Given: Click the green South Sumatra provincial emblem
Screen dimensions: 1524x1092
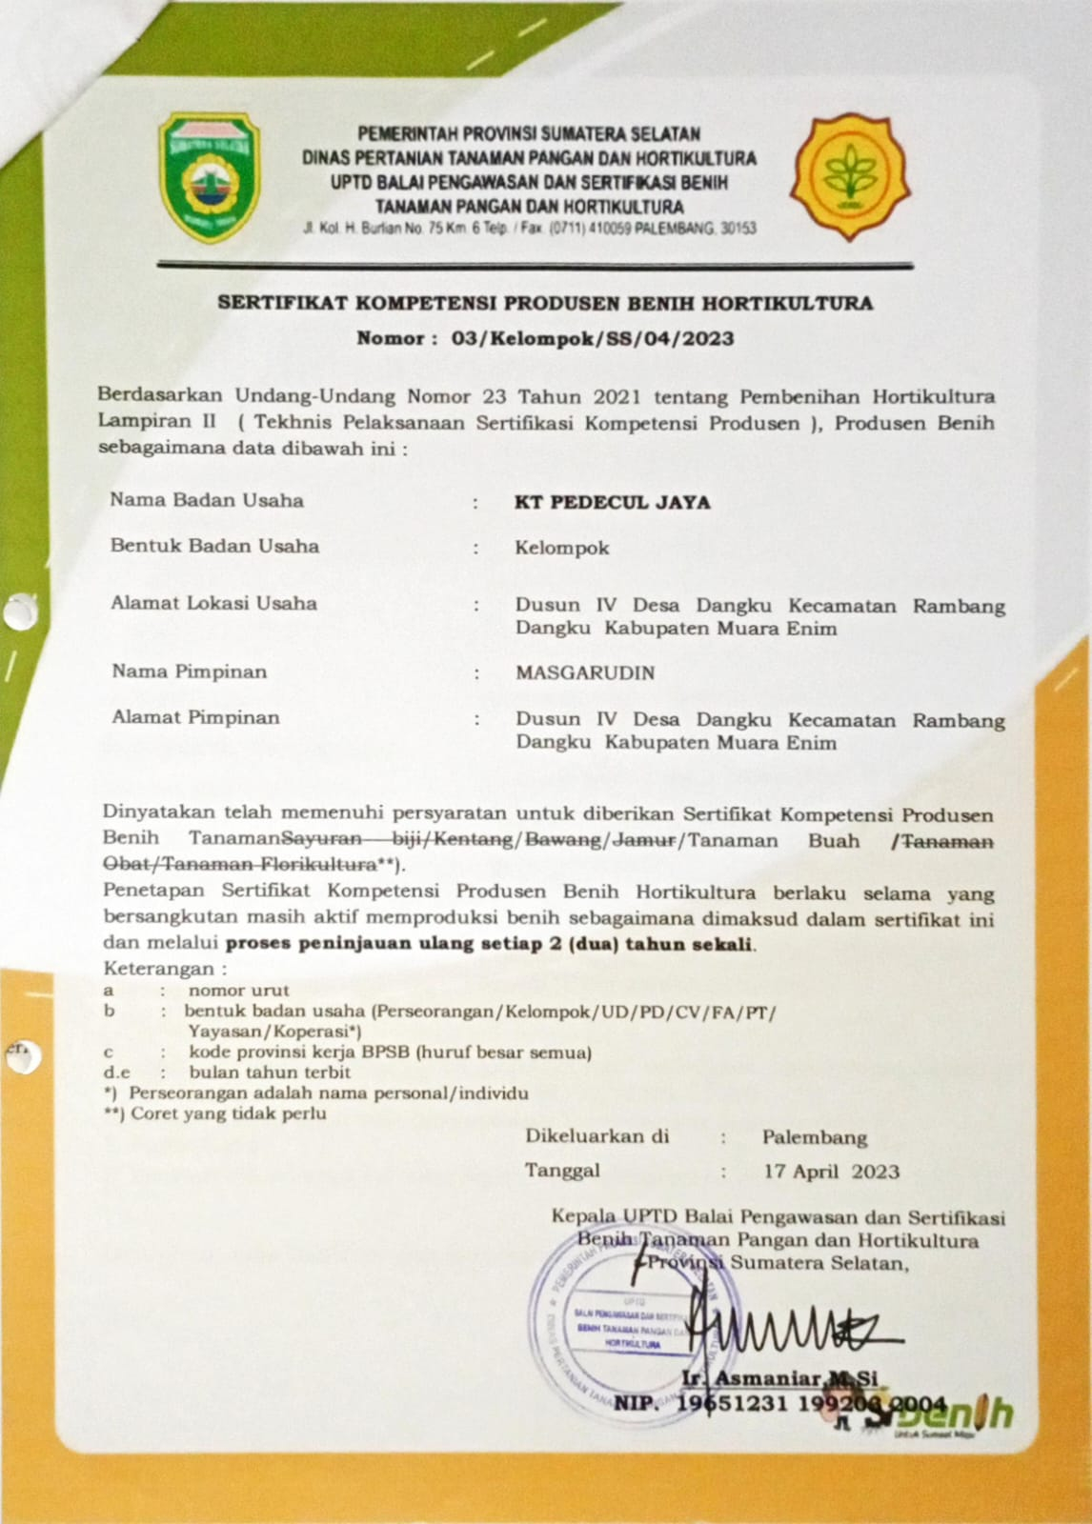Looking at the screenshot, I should pyautogui.click(x=209, y=176).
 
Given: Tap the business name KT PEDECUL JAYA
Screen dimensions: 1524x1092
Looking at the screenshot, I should pyautogui.click(x=613, y=502).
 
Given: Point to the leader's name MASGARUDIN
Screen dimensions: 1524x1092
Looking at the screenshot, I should pyautogui.click(x=585, y=672).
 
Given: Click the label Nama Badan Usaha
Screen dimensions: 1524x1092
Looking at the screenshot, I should pyautogui.click(x=207, y=500).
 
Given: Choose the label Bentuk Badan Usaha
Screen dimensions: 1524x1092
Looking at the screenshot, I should pyautogui.click(x=214, y=546).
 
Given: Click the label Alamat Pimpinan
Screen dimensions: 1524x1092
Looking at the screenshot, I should pyautogui.click(x=195, y=717).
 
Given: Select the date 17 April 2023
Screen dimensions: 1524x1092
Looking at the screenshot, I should pyautogui.click(x=831, y=1171).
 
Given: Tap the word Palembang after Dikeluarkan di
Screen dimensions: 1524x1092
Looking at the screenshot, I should pyautogui.click(x=815, y=1136).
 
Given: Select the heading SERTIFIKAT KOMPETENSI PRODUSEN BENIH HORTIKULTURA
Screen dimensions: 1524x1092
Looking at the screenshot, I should pyautogui.click(x=545, y=304).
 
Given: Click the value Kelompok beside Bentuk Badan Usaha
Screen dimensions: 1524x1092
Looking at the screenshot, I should pyautogui.click(x=562, y=548).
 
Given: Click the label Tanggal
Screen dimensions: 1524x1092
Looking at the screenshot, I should pyautogui.click(x=562, y=1171).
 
